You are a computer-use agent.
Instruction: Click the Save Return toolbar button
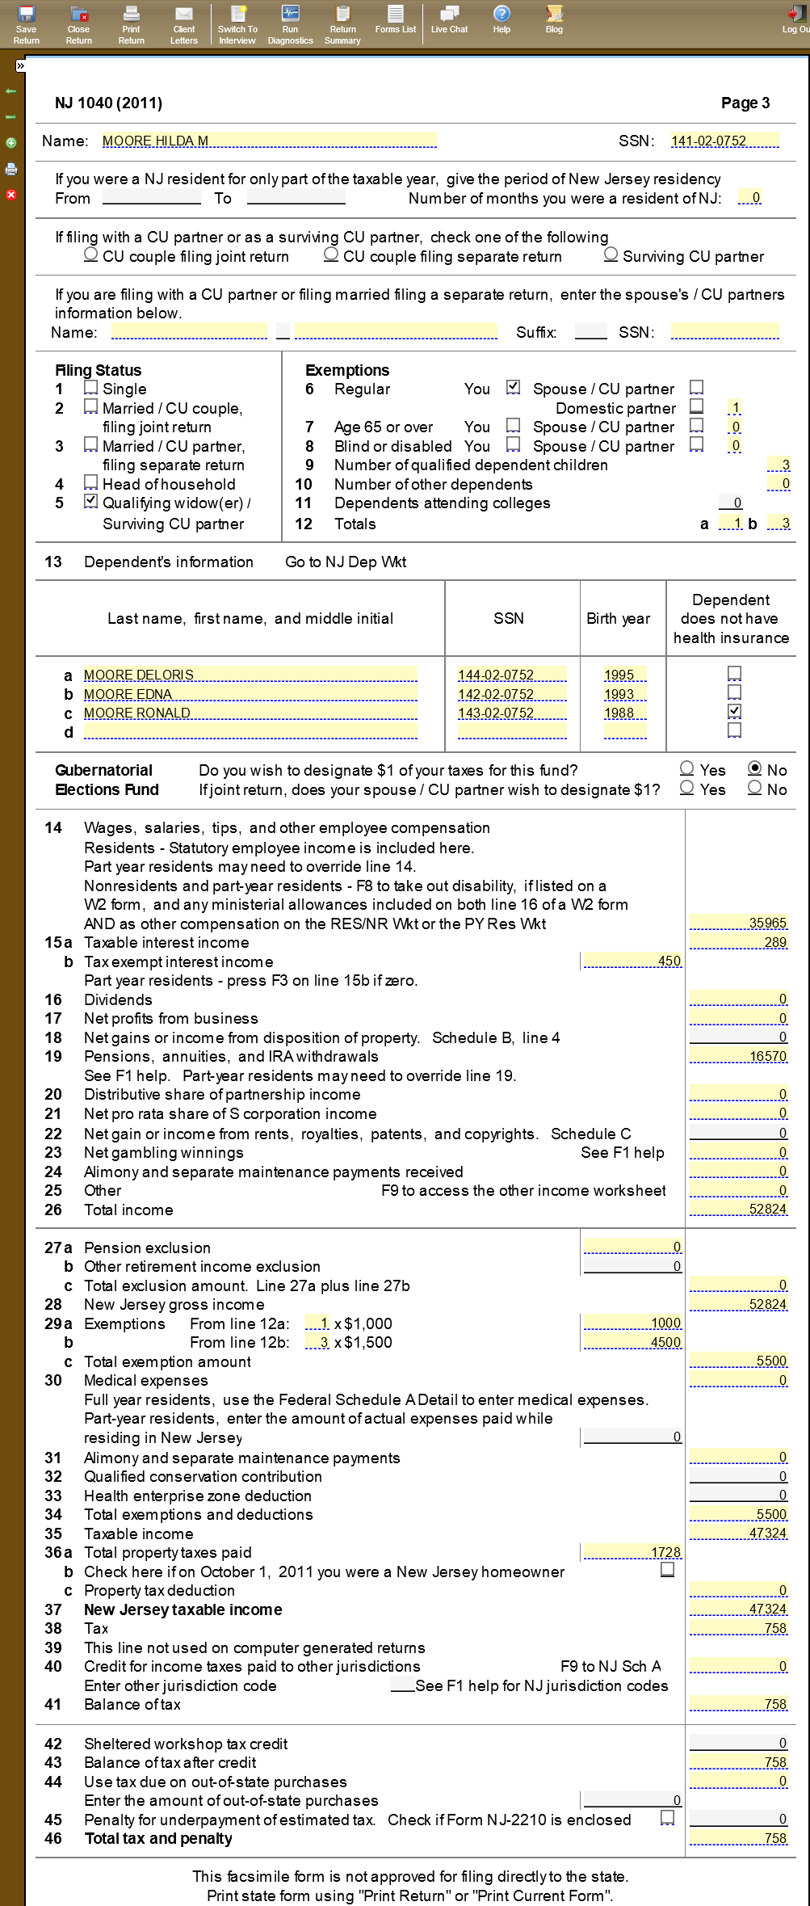tap(27, 23)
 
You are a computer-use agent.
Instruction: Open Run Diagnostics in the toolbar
tap(290, 23)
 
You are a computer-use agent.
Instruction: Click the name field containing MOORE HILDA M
tap(269, 141)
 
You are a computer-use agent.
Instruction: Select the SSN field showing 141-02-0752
tap(724, 141)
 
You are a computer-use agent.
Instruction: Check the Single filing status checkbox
tap(91, 388)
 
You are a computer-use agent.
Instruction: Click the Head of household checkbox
tap(91, 482)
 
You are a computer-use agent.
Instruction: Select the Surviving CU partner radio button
tap(611, 255)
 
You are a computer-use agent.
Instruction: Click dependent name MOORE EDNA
tap(250, 694)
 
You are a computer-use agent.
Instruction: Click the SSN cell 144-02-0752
tap(511, 675)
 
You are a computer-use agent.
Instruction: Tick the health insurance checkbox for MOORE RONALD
tap(734, 711)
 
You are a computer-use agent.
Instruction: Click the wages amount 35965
tap(738, 923)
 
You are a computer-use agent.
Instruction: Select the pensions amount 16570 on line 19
tap(738, 1056)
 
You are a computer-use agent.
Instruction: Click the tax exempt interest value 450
tap(632, 961)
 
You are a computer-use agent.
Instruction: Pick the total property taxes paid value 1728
tap(632, 1552)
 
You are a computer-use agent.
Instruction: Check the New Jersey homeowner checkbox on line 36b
tap(668, 1569)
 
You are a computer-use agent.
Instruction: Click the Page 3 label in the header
tap(745, 103)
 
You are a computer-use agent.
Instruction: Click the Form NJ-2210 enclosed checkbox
tap(668, 1817)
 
